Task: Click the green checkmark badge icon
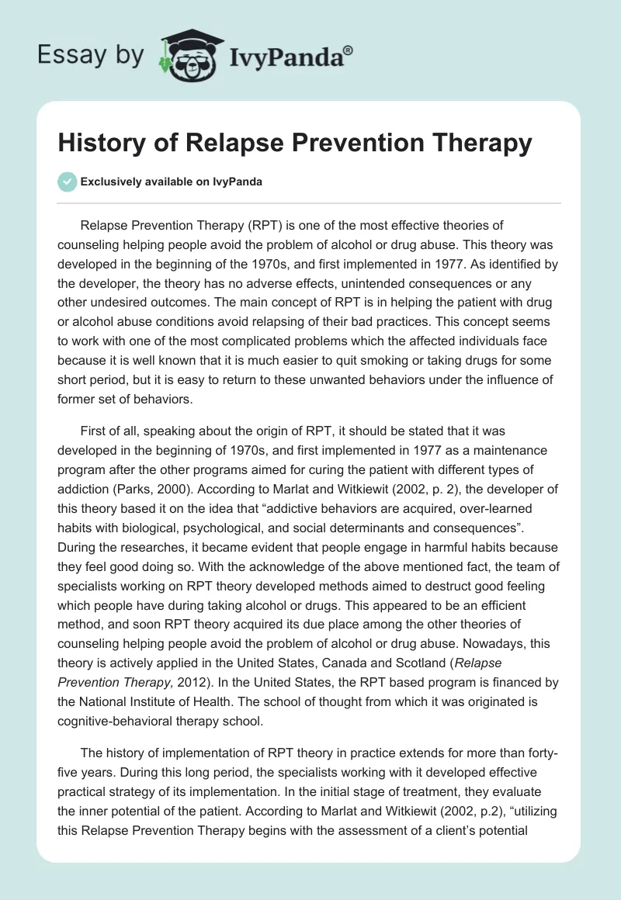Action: click(66, 182)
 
